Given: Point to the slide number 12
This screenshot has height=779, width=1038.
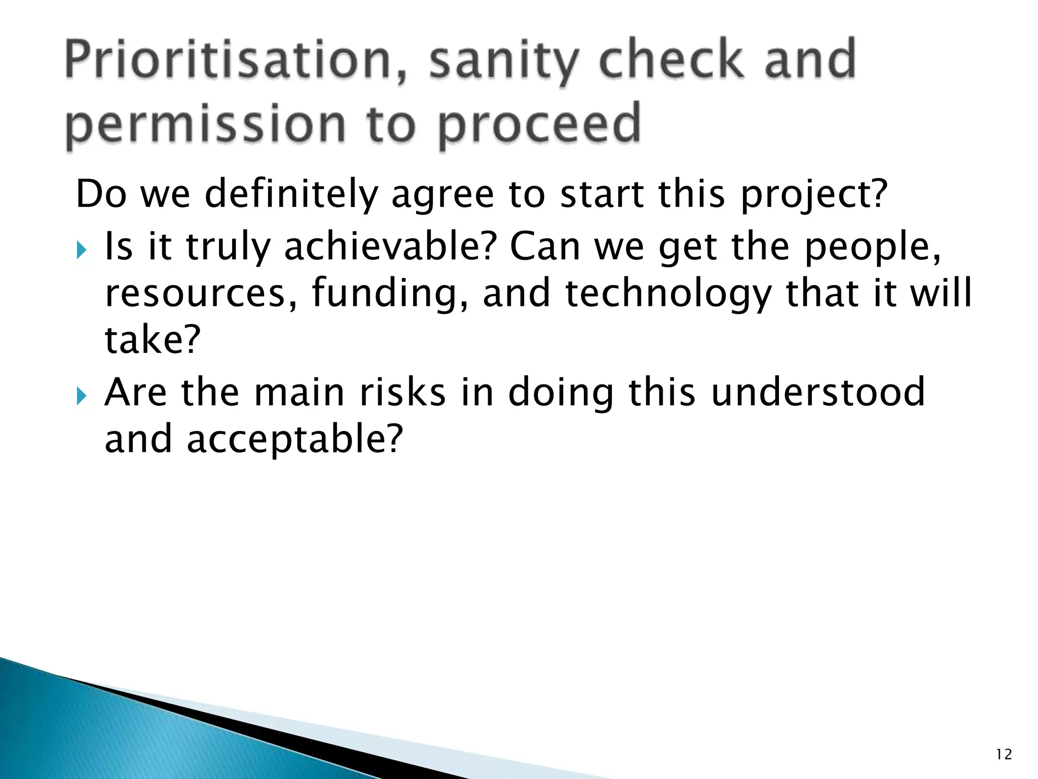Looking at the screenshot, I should [1004, 755].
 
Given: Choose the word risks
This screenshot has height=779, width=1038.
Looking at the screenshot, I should [403, 393].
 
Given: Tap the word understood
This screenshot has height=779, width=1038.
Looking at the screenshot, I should [818, 393].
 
